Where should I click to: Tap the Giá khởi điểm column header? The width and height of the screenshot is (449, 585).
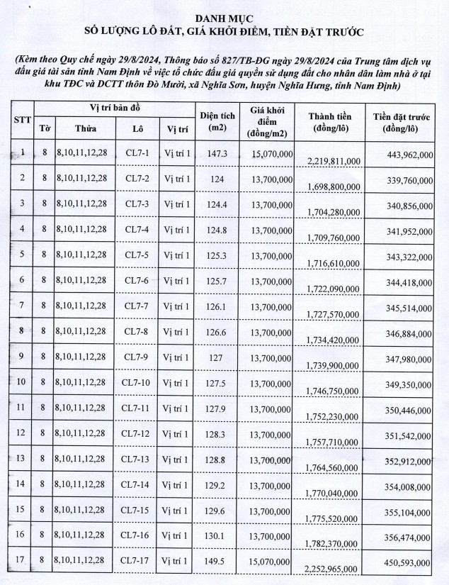pos(266,121)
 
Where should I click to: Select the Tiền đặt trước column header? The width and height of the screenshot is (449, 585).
pos(402,121)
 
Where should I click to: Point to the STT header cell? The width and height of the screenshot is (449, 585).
pos(23,120)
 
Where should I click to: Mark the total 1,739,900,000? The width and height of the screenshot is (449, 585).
pos(333,364)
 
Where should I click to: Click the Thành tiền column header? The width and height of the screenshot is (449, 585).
pos(333,121)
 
